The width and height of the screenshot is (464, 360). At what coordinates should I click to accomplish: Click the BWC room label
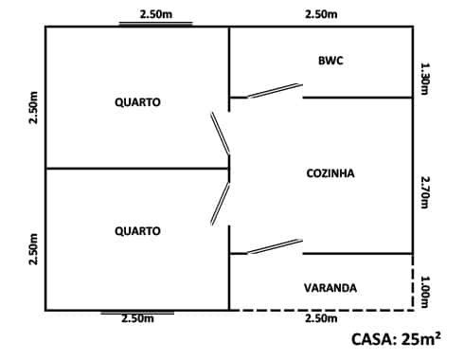[330, 61]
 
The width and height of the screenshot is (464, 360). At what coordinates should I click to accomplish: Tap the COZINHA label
[330, 173]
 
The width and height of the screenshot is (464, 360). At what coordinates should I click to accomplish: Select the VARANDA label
[330, 288]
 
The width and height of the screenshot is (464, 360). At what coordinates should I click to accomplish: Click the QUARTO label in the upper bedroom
[137, 102]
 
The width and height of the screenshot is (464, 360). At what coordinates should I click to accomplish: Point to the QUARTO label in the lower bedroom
[137, 231]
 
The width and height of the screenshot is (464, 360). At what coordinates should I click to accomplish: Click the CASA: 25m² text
[396, 338]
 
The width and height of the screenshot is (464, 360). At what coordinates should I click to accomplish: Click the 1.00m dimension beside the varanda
[425, 291]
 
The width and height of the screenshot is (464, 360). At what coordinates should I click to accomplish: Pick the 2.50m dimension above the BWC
[321, 14]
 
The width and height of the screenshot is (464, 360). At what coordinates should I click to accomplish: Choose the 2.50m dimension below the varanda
[321, 319]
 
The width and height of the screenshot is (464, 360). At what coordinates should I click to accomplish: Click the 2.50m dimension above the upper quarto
[155, 14]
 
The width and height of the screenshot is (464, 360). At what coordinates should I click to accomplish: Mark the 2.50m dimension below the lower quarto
[137, 319]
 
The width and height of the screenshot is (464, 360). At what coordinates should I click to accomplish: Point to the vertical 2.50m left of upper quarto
[34, 111]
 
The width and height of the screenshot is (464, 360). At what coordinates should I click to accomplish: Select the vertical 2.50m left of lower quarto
[34, 248]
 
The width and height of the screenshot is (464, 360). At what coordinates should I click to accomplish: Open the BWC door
[274, 91]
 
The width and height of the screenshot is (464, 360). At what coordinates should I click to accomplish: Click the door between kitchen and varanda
[274, 247]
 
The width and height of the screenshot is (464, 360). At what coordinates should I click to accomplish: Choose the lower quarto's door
[220, 203]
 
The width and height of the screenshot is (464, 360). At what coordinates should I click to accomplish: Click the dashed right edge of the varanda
[414, 288]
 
